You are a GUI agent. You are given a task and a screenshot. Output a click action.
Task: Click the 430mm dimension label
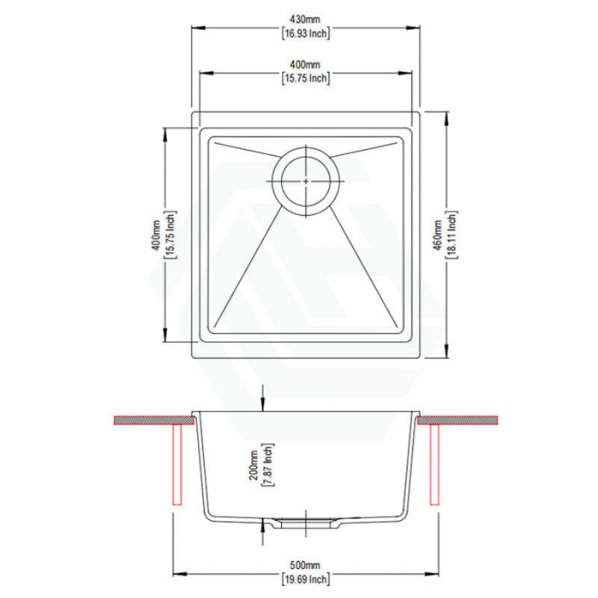click(305, 19)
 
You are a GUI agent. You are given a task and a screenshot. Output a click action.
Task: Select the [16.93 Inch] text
click(306, 33)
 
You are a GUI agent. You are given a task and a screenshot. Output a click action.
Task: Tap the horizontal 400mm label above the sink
click(305, 64)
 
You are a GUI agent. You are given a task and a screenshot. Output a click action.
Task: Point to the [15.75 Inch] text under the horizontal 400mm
click(306, 78)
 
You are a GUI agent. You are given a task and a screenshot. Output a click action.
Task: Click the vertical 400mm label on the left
click(156, 235)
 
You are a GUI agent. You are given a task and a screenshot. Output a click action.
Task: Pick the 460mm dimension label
click(437, 235)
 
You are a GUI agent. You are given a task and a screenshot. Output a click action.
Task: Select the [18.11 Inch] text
click(451, 235)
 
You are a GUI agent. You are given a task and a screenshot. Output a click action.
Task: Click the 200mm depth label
click(253, 465)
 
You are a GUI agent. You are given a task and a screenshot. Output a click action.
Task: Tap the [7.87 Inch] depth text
click(268, 465)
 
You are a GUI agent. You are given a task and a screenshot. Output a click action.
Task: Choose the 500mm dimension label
click(305, 565)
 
